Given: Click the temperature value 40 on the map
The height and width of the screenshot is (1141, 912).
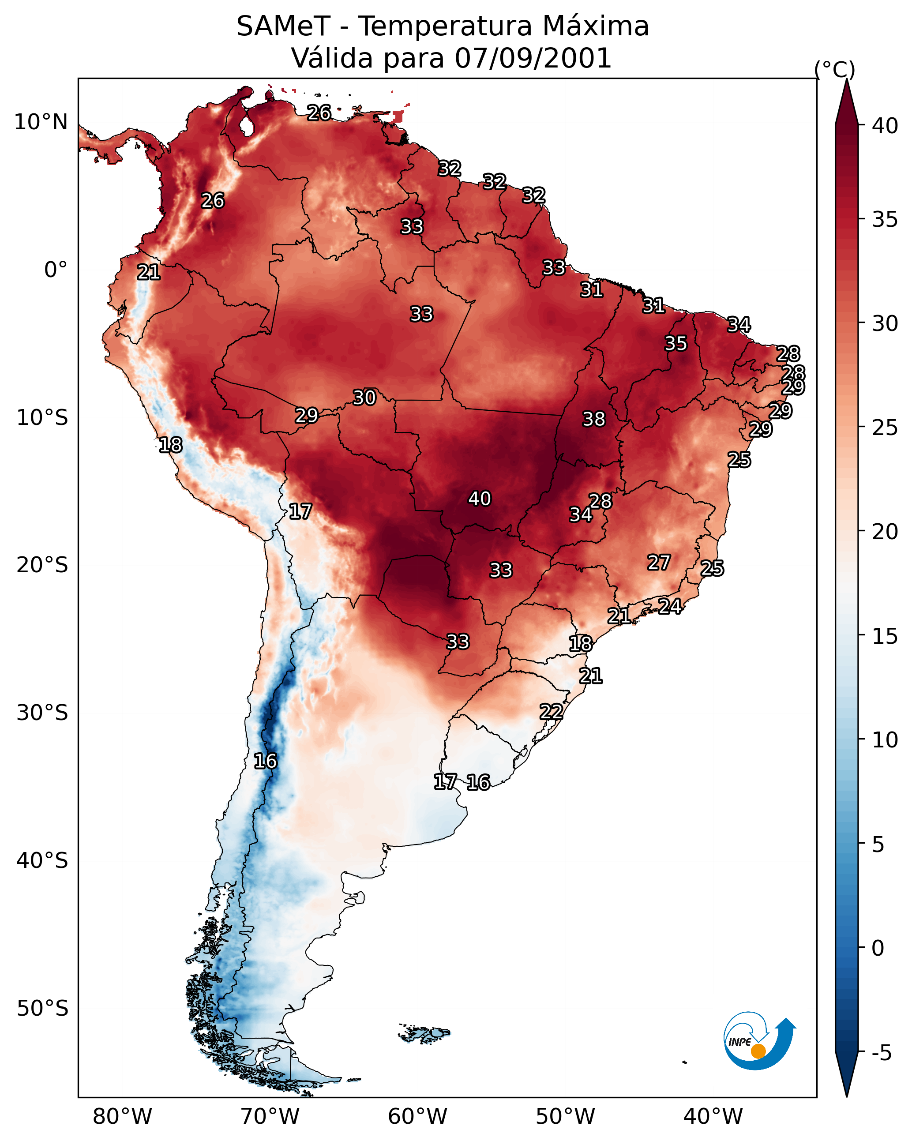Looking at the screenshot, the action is point(480,499).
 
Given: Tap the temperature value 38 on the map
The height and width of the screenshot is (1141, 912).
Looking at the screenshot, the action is point(593,419).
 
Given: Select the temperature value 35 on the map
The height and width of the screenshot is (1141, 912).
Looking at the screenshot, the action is point(676,343).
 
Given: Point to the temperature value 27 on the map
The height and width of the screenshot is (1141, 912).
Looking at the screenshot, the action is point(659,563).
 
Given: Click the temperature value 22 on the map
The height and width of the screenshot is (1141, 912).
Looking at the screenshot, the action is point(551,712).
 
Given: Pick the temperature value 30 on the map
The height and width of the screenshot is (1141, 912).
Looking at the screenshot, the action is point(364,398).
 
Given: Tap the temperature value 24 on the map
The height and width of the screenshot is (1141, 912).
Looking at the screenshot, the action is point(670,606).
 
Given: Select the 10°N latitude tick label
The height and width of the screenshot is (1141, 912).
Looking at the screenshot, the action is point(41,122).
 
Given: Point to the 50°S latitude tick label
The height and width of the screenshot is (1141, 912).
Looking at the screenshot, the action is point(42,1009).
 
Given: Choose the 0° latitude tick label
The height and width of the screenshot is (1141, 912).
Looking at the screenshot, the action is point(56,270).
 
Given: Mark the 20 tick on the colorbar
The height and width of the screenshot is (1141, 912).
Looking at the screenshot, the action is point(885,531).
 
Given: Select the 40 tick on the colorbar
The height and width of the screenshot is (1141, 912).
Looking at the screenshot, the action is point(885,126).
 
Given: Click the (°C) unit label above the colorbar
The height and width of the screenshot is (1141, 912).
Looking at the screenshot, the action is point(835,70).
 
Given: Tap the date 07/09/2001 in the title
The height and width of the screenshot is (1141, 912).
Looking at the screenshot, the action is point(533,58).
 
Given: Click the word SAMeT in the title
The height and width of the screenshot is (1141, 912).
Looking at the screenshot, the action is point(283,26).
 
